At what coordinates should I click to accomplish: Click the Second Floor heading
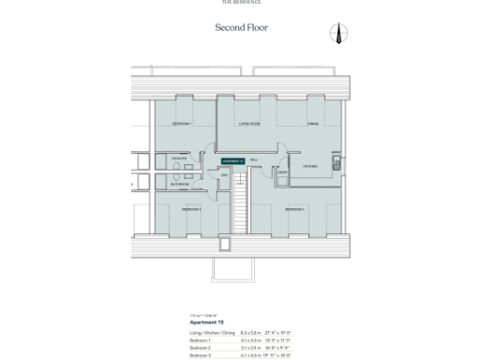(241, 28)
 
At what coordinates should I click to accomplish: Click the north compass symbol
(338, 34)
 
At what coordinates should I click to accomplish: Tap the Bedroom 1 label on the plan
(181, 124)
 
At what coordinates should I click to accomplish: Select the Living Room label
(248, 124)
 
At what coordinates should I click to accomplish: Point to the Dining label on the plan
(314, 124)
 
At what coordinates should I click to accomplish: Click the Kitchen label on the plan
(310, 166)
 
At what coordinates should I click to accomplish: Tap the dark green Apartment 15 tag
(232, 161)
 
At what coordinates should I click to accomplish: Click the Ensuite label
(178, 160)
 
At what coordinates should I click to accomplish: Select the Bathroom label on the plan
(180, 185)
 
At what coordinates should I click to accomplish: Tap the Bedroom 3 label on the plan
(294, 209)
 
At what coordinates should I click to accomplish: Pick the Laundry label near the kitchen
(281, 172)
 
